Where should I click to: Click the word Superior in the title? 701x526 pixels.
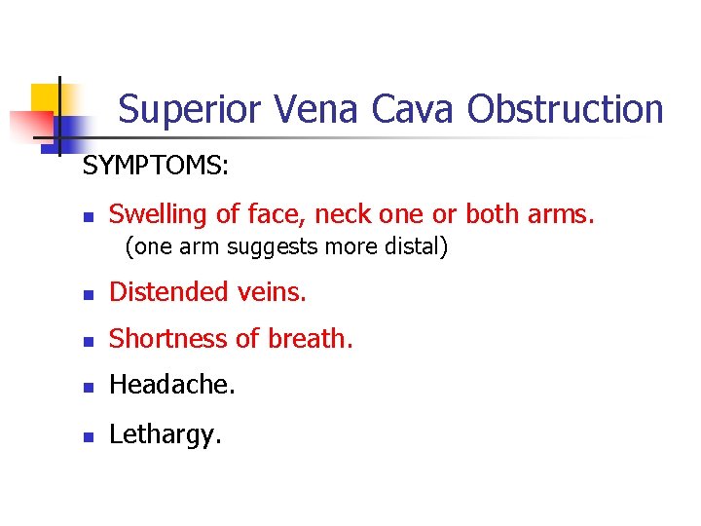(x=189, y=109)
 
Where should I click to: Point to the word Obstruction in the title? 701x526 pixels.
(x=566, y=109)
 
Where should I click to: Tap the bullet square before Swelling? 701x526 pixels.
(x=88, y=215)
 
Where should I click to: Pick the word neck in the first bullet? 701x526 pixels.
(x=347, y=213)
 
